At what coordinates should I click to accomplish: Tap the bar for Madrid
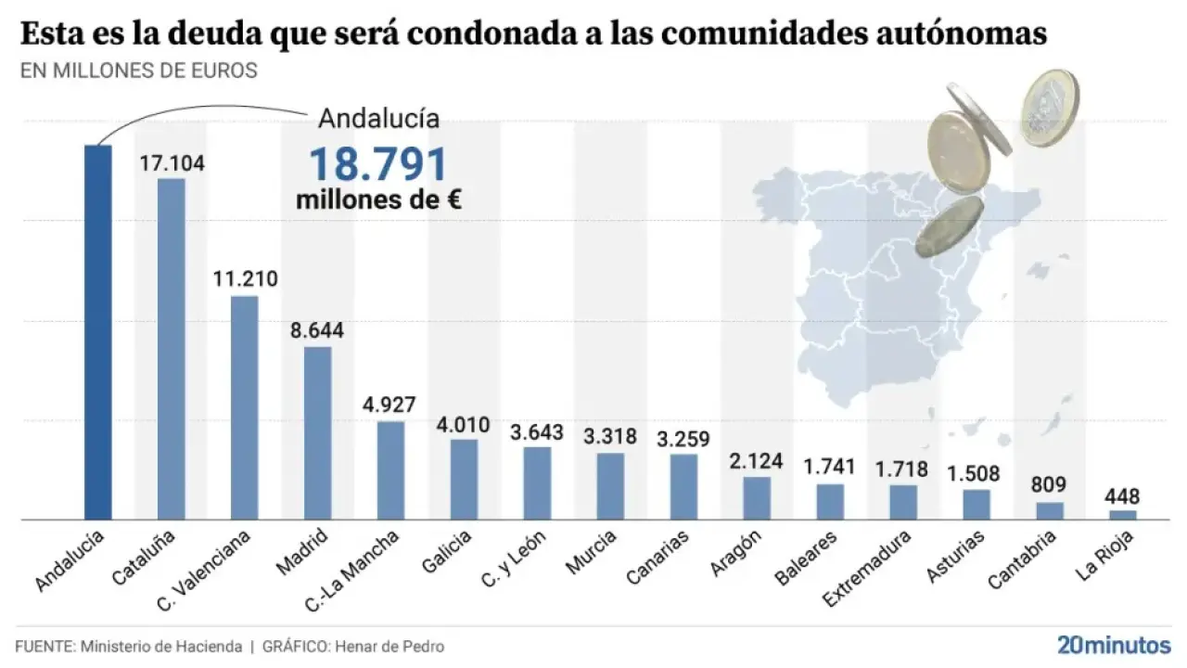click(317, 433)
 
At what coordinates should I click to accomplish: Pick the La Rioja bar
click(1122, 514)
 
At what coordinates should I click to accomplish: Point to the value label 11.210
click(245, 279)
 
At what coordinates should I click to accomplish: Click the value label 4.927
click(390, 405)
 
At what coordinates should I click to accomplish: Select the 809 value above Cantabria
click(1049, 485)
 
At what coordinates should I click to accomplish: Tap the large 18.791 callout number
click(377, 165)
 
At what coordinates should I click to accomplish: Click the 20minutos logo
click(1113, 645)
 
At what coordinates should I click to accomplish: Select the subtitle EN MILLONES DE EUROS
click(139, 71)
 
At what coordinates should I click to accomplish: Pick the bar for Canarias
click(683, 486)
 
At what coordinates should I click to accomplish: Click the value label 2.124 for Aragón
click(756, 461)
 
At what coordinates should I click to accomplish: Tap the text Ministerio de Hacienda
click(161, 646)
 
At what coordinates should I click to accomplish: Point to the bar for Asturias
click(976, 504)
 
